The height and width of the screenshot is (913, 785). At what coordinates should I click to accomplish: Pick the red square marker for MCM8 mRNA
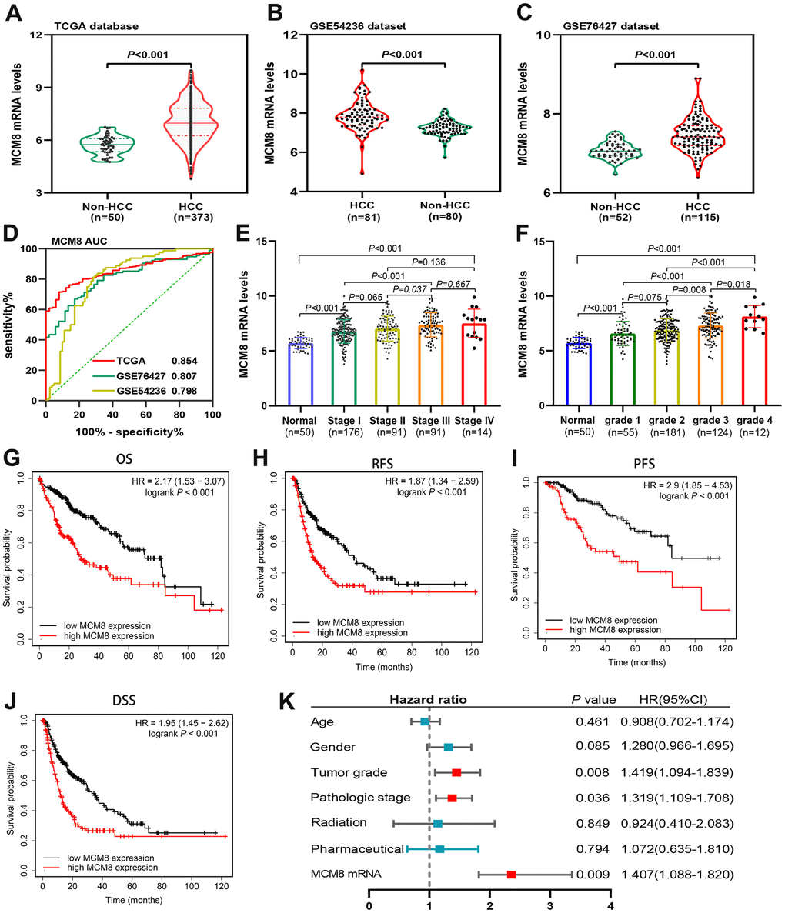(x=511, y=874)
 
